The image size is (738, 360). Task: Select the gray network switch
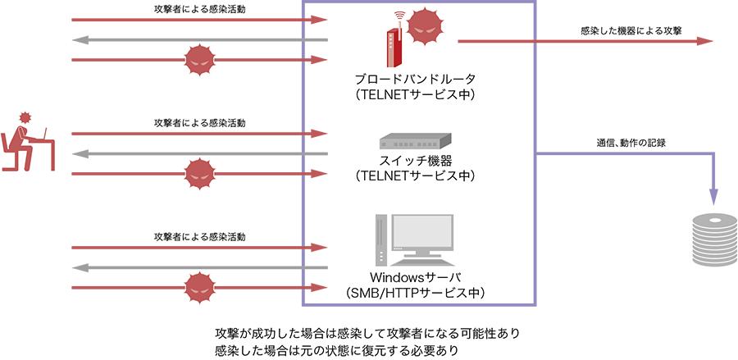(412, 142)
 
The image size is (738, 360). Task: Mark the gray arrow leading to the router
(180, 39)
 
